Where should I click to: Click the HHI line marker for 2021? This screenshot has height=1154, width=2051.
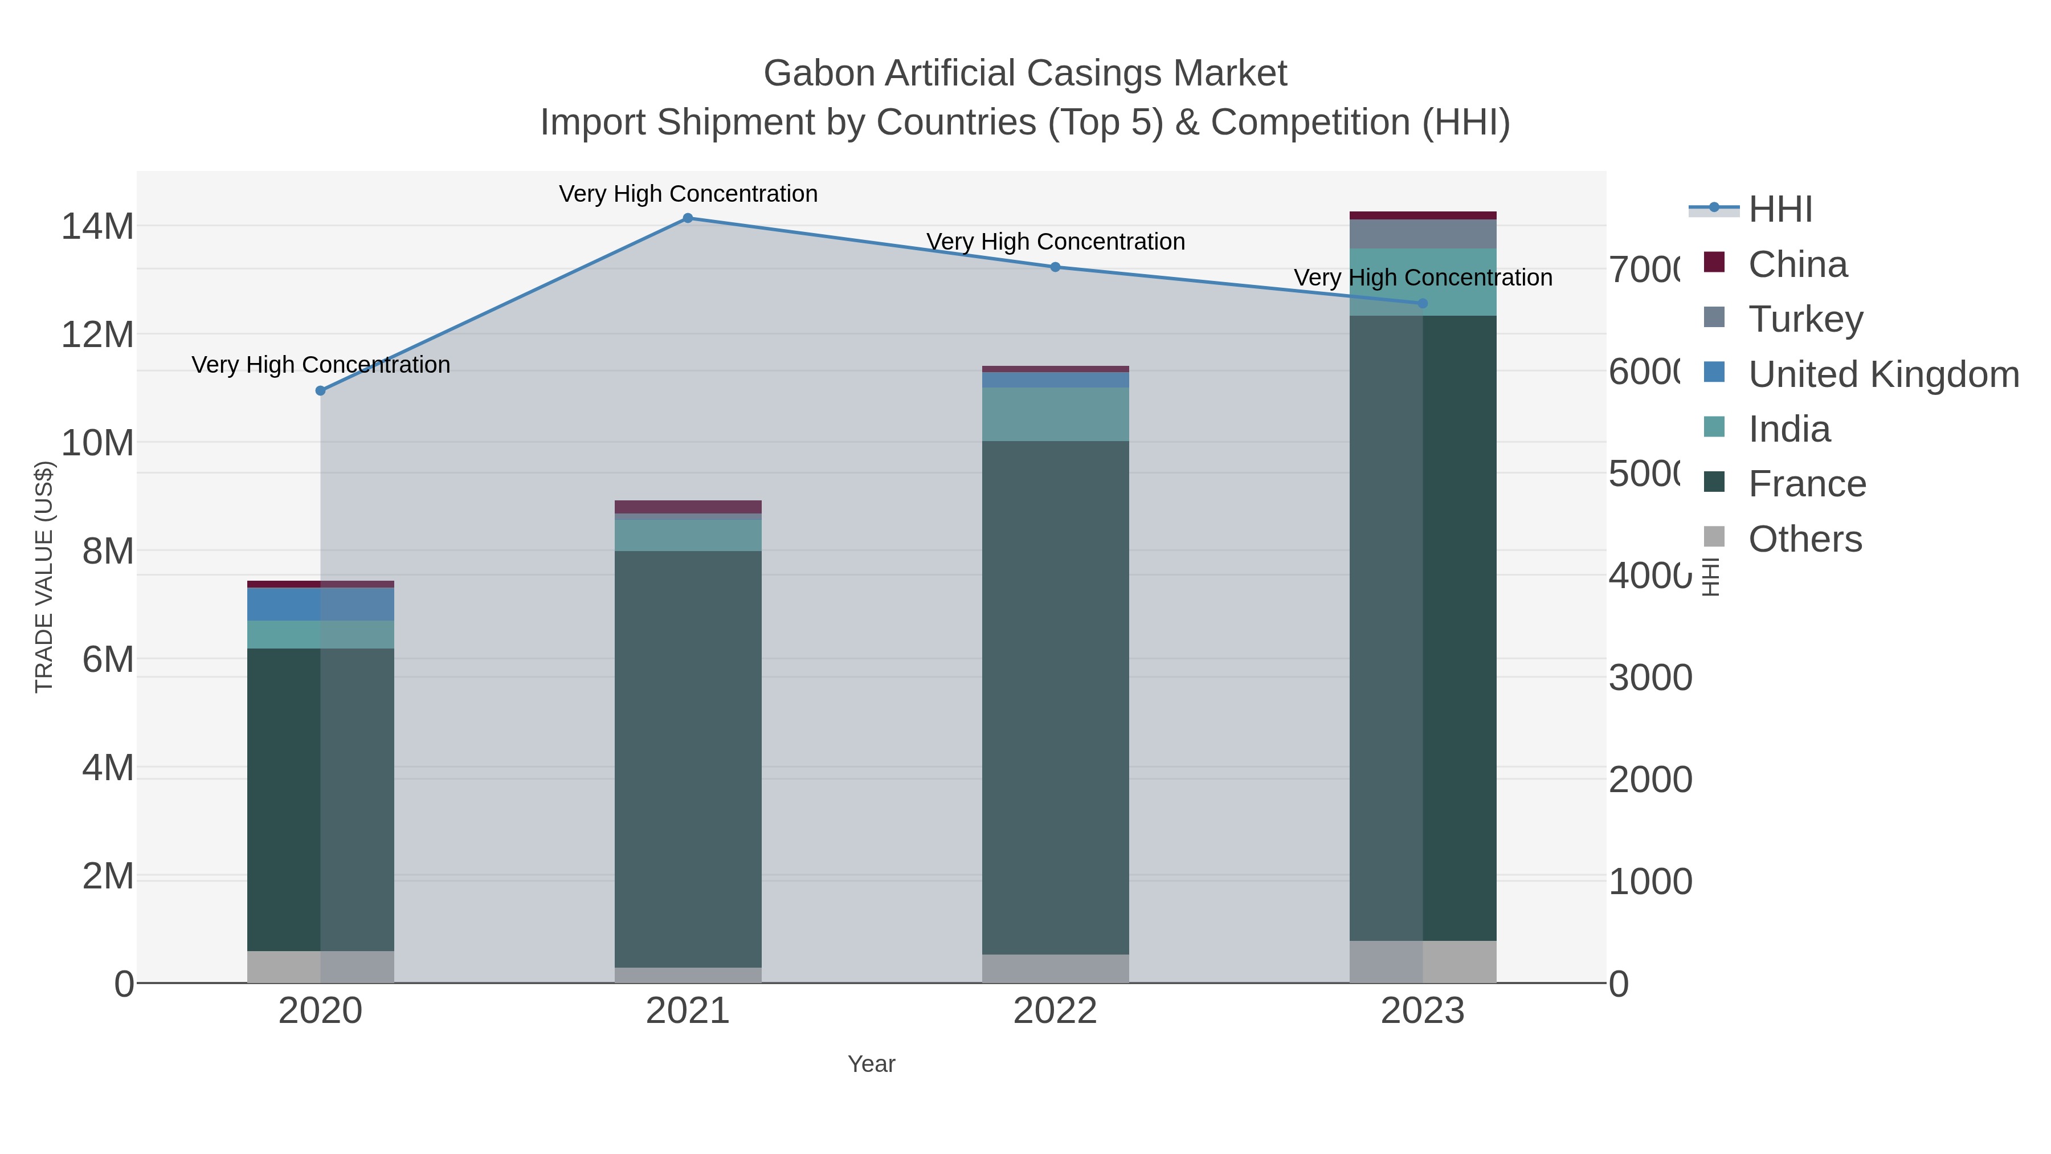(x=688, y=218)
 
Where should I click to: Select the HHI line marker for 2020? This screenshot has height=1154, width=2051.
(x=321, y=391)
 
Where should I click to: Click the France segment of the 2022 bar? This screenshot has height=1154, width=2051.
(x=1056, y=697)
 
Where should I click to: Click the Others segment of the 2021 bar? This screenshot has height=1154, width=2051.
(x=688, y=975)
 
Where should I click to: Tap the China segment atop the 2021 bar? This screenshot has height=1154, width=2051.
(x=688, y=507)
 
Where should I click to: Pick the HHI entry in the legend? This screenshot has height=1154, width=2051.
(x=1780, y=210)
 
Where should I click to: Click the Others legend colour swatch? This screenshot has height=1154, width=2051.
(x=1714, y=537)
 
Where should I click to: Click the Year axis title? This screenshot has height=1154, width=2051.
(x=872, y=1064)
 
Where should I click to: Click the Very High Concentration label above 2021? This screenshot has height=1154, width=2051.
(x=688, y=194)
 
